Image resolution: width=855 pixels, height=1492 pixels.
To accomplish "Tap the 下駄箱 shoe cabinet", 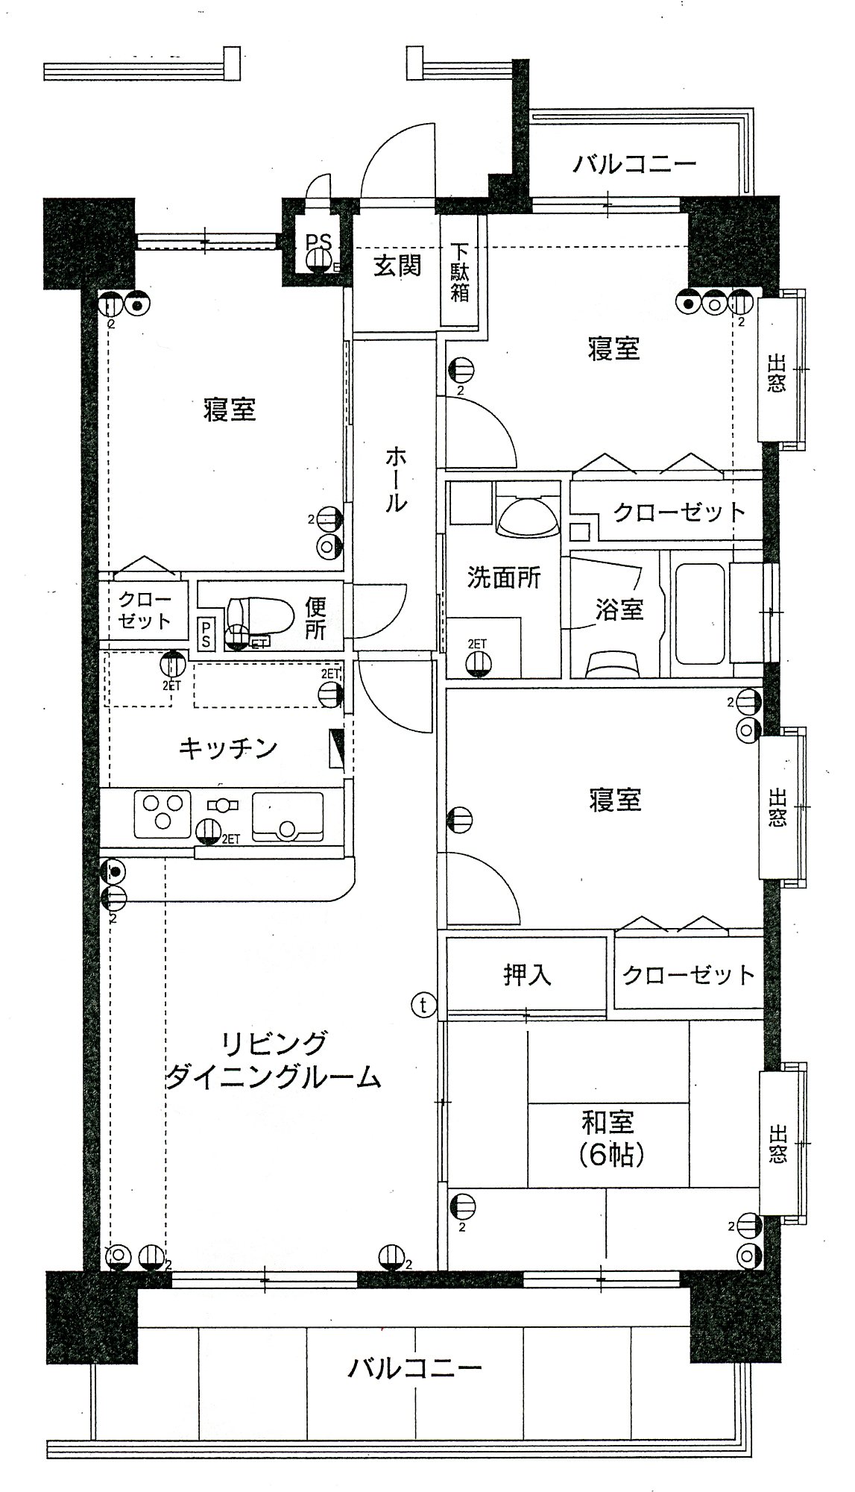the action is tap(461, 270).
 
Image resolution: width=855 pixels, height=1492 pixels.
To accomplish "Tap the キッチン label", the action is tap(228, 747).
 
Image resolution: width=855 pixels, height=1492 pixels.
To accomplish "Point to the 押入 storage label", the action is tap(527, 974).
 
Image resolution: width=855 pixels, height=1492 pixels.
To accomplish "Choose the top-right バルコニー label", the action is tap(634, 163).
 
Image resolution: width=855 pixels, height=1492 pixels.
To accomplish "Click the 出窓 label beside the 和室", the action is tap(776, 1144).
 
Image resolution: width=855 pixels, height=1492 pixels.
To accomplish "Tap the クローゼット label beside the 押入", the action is tap(688, 974).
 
